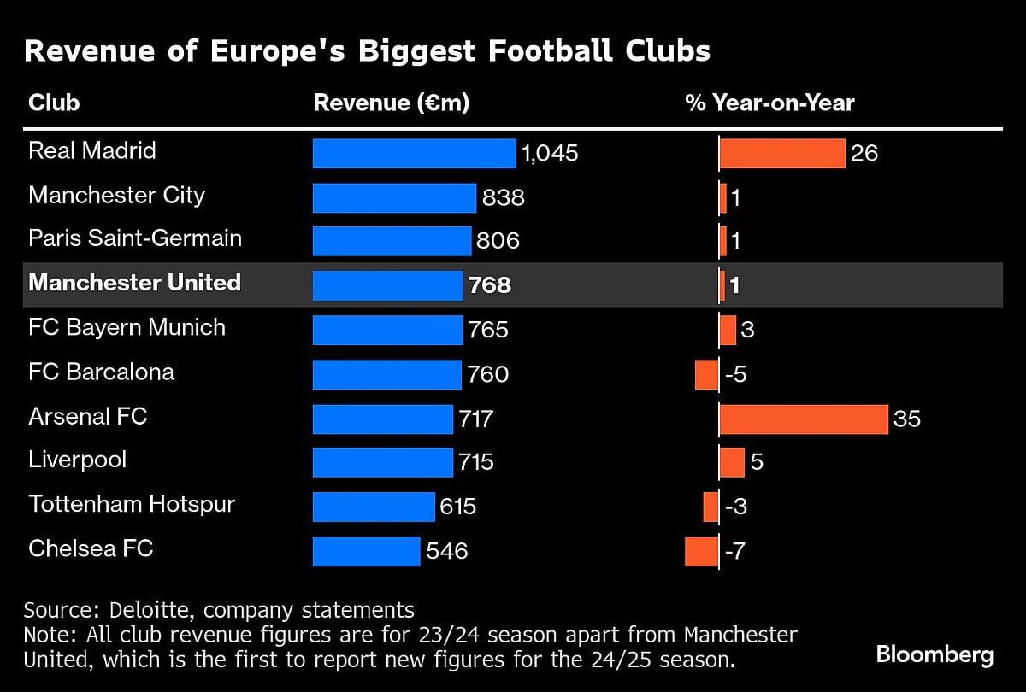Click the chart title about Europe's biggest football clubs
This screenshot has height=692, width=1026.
point(367,51)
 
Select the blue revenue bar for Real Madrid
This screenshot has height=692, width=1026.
point(414,153)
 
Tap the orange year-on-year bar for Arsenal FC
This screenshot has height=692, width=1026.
point(804,419)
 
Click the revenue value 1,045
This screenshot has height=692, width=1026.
point(550,154)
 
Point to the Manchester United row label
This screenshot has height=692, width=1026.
point(134,283)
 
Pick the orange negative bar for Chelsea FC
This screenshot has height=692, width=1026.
point(701,551)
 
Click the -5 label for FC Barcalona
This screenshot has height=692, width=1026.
point(735,374)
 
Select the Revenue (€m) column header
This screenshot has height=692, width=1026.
point(392,103)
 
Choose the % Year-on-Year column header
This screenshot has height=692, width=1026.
point(769,103)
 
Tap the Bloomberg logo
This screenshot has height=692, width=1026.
point(935,655)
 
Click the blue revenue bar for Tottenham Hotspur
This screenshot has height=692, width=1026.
point(374,507)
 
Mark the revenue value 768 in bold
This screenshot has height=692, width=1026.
point(490,285)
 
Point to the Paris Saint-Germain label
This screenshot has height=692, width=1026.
point(135,238)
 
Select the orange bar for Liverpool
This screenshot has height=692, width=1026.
point(732,462)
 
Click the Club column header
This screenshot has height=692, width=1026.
point(54,103)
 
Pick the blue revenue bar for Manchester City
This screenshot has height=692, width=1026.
point(393,197)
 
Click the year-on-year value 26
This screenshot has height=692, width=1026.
point(864,154)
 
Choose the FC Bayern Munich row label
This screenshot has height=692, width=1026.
point(127,327)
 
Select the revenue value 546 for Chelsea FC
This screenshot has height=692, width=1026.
point(446,551)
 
